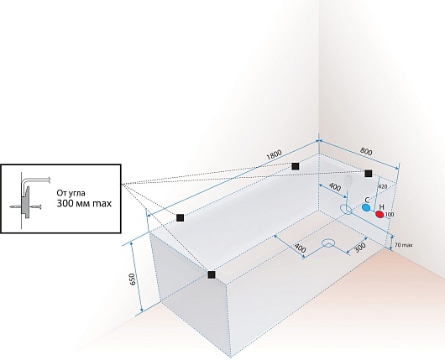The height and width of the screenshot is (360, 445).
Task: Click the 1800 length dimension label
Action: pyautogui.click(x=275, y=154)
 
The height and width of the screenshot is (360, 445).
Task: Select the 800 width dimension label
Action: pyautogui.click(x=366, y=151)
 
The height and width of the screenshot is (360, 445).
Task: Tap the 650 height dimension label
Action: pyautogui.click(x=133, y=279)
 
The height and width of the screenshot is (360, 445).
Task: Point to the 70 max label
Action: pyautogui.click(x=403, y=245)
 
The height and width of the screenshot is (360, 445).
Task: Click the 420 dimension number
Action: pyautogui.click(x=383, y=186)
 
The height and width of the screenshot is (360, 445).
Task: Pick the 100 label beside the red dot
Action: pyautogui.click(x=390, y=215)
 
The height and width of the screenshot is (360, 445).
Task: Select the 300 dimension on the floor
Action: pyautogui.click(x=360, y=248)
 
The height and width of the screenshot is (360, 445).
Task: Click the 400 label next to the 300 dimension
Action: pyautogui.click(x=300, y=248)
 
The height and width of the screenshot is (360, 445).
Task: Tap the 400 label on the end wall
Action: pyautogui.click(x=335, y=187)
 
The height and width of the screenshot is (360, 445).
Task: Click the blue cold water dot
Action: pyautogui.click(x=366, y=207)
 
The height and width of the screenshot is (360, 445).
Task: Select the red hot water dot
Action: pyautogui.click(x=380, y=215)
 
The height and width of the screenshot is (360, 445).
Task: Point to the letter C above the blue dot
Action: pyautogui.click(x=367, y=200)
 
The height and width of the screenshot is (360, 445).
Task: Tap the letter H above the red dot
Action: pyautogui.click(x=382, y=207)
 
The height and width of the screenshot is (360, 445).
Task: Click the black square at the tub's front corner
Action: pyautogui.click(x=212, y=274)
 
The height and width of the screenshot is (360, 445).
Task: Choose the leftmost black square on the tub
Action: pyautogui.click(x=180, y=218)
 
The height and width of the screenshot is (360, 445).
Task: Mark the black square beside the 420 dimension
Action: pyautogui.click(x=368, y=174)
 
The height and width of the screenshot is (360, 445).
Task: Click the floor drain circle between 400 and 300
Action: pyautogui.click(x=328, y=243)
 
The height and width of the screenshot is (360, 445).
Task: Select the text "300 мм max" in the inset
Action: pyautogui.click(x=84, y=203)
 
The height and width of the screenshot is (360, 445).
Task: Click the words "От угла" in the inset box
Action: pyautogui.click(x=71, y=194)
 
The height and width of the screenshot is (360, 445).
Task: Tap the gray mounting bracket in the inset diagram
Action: pyautogui.click(x=25, y=202)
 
